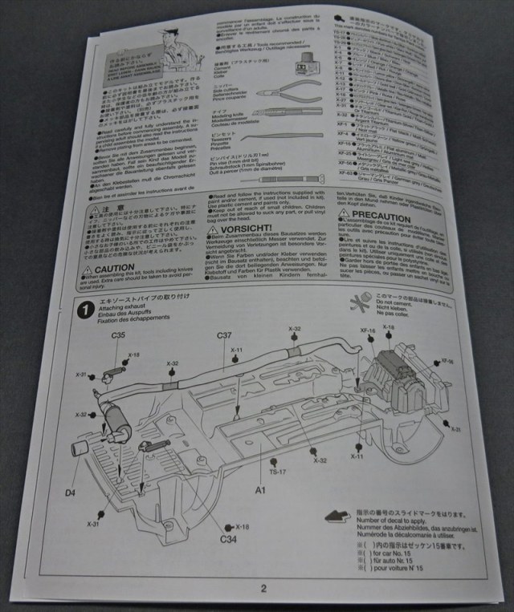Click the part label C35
point(118,335)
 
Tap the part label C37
point(226,335)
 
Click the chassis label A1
point(260,488)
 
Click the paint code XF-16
point(368,330)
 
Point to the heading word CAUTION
point(116,269)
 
